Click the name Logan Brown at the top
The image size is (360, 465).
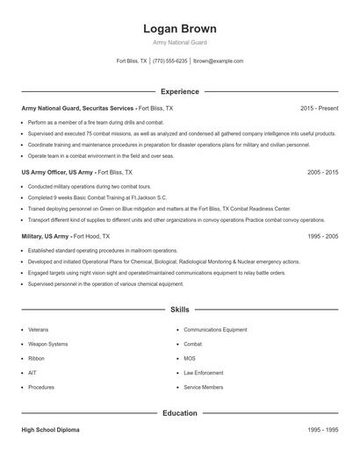(x=180, y=29)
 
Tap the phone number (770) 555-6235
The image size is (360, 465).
(x=170, y=61)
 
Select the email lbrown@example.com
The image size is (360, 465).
(x=219, y=61)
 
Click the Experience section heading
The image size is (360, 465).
(x=180, y=91)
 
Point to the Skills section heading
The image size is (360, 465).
(x=180, y=310)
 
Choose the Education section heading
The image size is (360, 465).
(x=180, y=413)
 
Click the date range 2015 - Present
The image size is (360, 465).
(x=319, y=108)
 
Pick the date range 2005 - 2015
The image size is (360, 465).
(x=322, y=173)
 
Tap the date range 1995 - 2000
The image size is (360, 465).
(x=322, y=237)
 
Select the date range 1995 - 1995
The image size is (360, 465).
(x=322, y=431)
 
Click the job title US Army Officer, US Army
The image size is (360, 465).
(x=57, y=173)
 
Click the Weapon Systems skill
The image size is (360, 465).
(x=47, y=344)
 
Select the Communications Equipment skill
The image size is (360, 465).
(x=215, y=330)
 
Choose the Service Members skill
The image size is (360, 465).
(x=204, y=387)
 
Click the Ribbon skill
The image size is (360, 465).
(x=36, y=359)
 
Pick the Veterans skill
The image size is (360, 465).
(x=39, y=330)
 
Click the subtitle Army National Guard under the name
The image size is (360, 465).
(x=180, y=42)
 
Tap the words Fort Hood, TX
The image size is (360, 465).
(x=91, y=237)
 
